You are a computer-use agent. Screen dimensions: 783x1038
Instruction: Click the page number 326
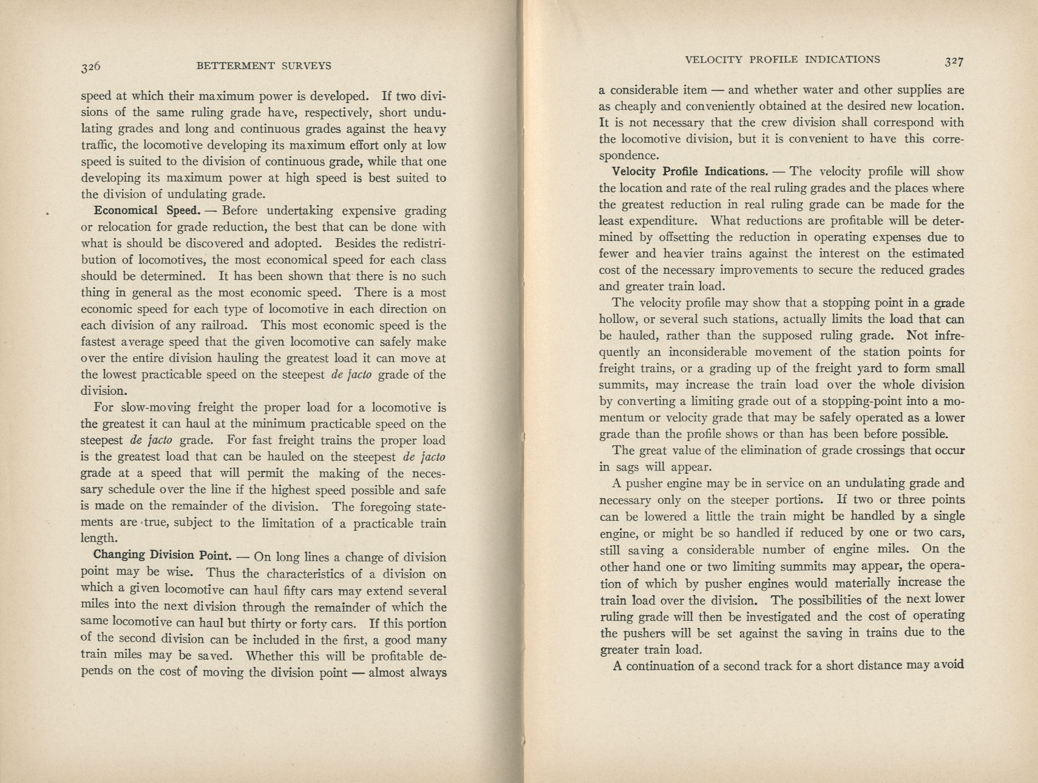[x=90, y=66]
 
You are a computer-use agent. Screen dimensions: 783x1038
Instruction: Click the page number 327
[x=954, y=61]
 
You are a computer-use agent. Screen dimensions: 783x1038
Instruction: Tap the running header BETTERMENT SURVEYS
[x=264, y=66]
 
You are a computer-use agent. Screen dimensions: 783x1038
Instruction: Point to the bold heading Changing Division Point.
[x=162, y=555]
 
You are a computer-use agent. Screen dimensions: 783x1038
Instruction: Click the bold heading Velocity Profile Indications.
[x=690, y=172]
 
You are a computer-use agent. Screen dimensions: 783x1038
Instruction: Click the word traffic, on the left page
[x=97, y=146]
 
